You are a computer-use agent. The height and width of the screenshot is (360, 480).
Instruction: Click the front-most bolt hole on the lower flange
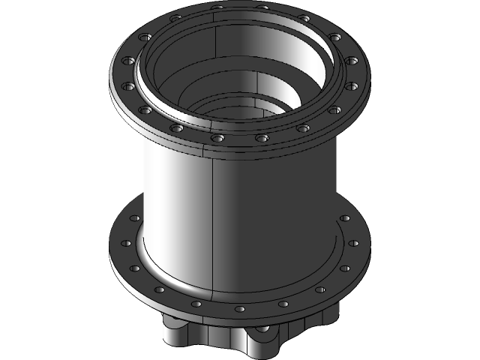pos(239,308)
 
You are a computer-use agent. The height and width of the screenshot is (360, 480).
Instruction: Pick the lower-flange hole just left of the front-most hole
pos(197,303)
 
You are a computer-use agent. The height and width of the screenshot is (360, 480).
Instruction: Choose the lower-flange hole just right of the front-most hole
pos(283,303)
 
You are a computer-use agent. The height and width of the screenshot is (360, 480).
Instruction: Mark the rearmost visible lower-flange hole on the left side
pos(135,218)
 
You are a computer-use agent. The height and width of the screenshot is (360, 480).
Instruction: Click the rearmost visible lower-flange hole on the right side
pos(345,218)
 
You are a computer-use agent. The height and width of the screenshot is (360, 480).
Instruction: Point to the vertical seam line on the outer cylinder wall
pos(214,225)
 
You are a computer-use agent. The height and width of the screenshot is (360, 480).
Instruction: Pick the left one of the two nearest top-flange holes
pos(217,138)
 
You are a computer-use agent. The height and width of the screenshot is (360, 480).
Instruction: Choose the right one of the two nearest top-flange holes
pos(261,138)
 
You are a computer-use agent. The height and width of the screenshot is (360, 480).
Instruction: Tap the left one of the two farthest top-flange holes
pos(217,8)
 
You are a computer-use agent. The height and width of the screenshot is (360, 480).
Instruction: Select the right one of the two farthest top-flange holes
pos(261,8)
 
